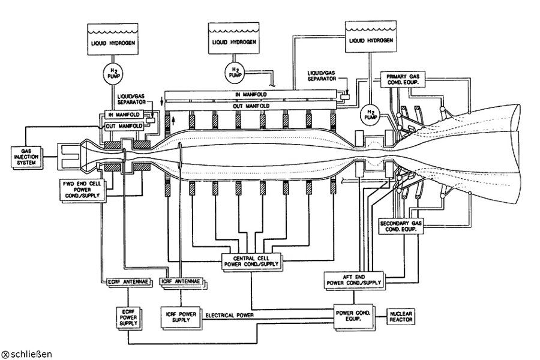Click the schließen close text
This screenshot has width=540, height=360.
(31, 354)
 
